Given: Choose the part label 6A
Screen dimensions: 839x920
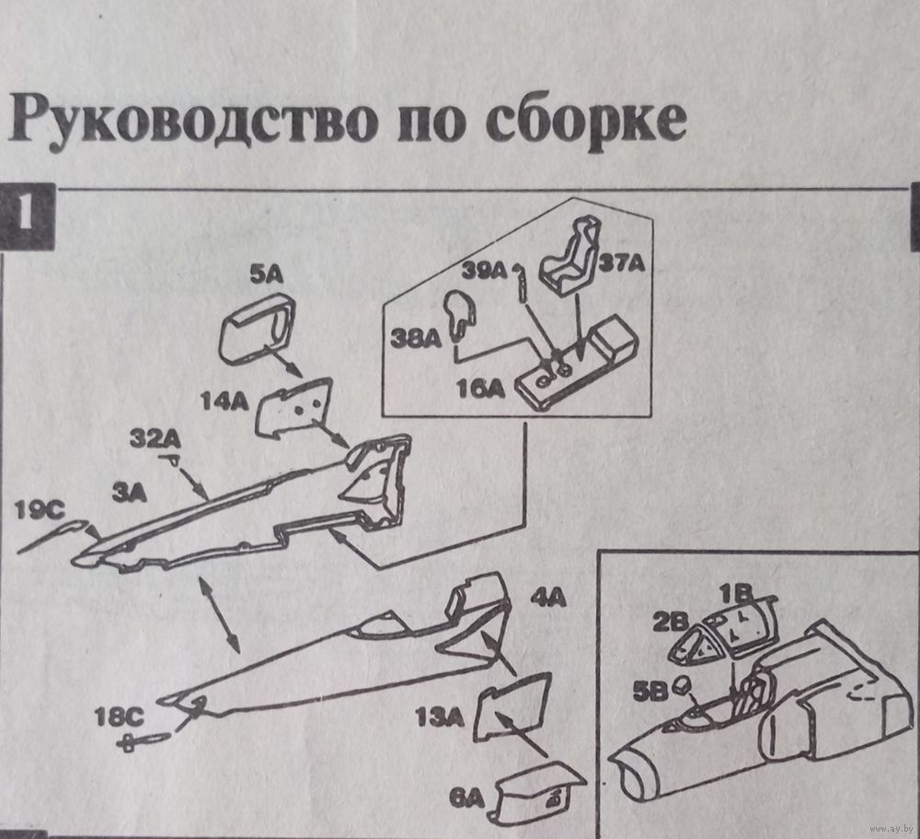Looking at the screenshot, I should click(466, 796).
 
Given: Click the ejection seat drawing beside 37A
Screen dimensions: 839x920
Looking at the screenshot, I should click(569, 253).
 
